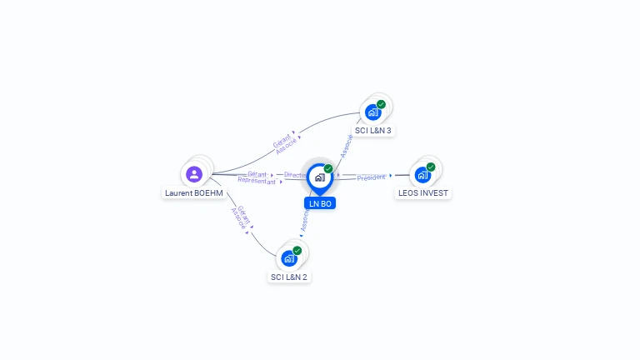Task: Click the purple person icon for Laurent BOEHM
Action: pos(194,174)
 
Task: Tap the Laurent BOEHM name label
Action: pos(194,193)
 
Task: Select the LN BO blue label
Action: pos(320,203)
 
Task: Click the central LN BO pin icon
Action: pos(319,177)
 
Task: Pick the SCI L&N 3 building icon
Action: pos(372,112)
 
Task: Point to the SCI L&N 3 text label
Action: pos(373,130)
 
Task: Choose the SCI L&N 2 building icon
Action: pos(288,258)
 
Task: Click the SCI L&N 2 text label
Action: pos(289,277)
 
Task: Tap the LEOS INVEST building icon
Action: pos(422,175)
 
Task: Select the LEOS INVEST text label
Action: pos(422,193)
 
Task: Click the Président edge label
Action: pos(371,177)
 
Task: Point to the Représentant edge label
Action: pos(257,181)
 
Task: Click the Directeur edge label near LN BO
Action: pos(296,175)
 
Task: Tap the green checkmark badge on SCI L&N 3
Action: pos(381,104)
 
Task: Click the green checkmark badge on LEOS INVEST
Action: pos(431,167)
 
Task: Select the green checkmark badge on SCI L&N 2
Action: pos(297,251)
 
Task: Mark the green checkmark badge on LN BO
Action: pos(328,168)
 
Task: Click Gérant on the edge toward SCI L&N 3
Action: pos(282,139)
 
